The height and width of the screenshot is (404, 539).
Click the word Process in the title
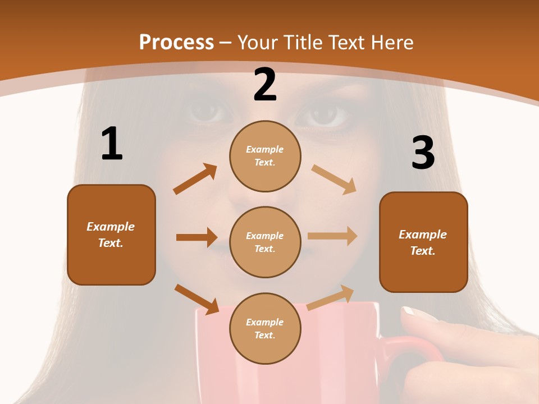tap(176, 42)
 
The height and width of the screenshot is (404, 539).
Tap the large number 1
tap(112, 144)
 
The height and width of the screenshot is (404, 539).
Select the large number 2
tap(265, 85)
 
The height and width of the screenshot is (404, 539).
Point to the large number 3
tap(423, 153)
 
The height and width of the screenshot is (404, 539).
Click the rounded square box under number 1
tap(111, 235)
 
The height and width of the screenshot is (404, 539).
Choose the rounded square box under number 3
tap(423, 242)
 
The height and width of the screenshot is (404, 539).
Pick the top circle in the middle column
tap(265, 156)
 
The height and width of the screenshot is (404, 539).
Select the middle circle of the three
tap(265, 242)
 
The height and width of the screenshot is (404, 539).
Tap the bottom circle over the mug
tap(265, 328)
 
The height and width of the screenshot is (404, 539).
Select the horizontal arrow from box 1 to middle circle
tap(197, 237)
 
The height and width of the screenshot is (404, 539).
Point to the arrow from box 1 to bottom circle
tap(197, 299)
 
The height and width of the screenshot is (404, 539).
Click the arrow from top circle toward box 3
tap(334, 180)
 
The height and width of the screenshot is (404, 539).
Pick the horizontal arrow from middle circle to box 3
tap(332, 236)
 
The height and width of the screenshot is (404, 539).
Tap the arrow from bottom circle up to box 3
tap(330, 297)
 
